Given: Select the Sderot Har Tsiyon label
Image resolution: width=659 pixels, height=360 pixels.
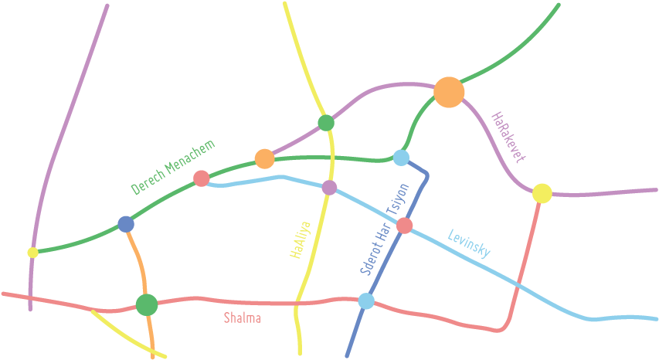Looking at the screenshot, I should [383, 229].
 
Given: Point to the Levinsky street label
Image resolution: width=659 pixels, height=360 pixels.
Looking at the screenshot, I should [469, 243].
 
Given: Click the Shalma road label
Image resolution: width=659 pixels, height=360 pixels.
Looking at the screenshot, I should [242, 318].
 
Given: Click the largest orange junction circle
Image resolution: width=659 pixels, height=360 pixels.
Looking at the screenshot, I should [449, 92].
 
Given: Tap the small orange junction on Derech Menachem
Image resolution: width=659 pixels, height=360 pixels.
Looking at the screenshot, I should [264, 159].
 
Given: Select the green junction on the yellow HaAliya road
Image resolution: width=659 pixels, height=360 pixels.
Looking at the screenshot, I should [326, 123].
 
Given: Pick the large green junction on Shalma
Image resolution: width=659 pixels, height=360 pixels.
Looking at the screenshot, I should [146, 304].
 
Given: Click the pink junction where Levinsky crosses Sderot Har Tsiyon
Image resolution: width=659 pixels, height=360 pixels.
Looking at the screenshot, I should [404, 226].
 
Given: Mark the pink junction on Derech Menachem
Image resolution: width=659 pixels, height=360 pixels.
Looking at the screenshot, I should [201, 178].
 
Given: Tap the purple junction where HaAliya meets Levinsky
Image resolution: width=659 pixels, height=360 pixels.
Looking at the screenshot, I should [329, 187].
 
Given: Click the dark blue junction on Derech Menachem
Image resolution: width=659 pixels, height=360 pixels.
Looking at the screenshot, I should [126, 224].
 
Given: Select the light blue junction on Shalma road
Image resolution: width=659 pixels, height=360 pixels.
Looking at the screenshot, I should [366, 301].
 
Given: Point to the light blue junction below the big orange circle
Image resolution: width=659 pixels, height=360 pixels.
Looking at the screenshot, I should [400, 158].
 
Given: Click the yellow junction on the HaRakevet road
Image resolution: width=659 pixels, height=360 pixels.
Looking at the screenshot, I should [542, 193].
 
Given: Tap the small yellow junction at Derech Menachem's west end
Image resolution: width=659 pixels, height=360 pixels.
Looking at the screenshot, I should [32, 252].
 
